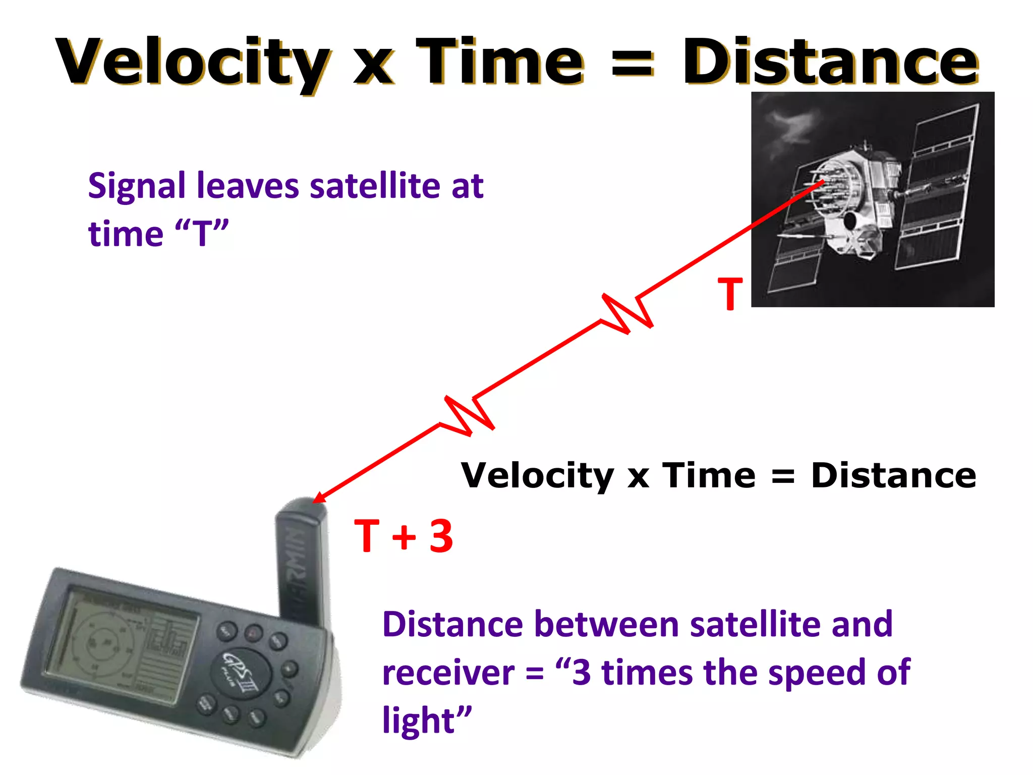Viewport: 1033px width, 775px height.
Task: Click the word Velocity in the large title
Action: [192, 63]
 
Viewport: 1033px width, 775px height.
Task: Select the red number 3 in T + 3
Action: [441, 536]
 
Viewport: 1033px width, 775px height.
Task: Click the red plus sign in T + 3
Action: [404, 537]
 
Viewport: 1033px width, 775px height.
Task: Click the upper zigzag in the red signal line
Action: [627, 313]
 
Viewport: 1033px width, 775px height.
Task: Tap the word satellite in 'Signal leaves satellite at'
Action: [375, 186]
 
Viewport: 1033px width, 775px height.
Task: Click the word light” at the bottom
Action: [426, 721]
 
